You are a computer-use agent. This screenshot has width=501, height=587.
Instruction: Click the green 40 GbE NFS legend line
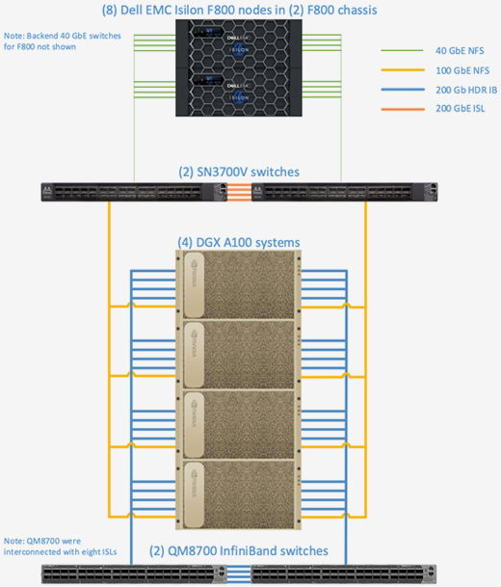(x=402, y=50)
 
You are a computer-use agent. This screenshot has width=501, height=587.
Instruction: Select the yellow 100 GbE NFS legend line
(x=403, y=70)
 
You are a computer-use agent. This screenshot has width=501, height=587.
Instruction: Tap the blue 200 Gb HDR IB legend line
(x=403, y=90)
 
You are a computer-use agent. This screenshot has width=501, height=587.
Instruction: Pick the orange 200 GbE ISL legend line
(x=403, y=109)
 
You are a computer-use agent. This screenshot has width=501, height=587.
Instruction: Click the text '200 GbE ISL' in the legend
(x=461, y=109)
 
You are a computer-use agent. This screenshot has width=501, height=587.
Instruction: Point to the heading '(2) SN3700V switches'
(x=239, y=172)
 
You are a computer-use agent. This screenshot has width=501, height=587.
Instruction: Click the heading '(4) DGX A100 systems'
(x=239, y=242)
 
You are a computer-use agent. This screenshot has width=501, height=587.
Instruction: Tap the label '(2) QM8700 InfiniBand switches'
(x=239, y=550)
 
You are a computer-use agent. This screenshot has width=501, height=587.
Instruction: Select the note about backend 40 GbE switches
(x=62, y=41)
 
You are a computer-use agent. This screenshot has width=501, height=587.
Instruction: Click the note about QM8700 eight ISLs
(x=61, y=547)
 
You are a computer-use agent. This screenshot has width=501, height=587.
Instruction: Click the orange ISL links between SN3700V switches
(x=239, y=192)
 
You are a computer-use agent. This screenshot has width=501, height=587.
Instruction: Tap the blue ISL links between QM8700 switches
(x=239, y=574)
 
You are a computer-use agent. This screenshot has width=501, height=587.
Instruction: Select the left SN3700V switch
(x=134, y=192)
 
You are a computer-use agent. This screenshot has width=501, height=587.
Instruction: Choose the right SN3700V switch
(x=345, y=192)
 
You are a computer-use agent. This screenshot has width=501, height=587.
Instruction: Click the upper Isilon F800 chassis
(x=239, y=43)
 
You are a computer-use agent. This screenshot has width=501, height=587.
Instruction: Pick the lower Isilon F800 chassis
(x=239, y=93)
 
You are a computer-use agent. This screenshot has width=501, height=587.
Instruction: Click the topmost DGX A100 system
(x=238, y=285)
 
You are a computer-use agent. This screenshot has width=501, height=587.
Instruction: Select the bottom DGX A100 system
(x=238, y=494)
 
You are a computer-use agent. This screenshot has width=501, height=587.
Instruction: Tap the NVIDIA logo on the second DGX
(x=194, y=343)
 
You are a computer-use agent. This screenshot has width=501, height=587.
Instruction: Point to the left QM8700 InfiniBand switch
(x=134, y=574)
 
